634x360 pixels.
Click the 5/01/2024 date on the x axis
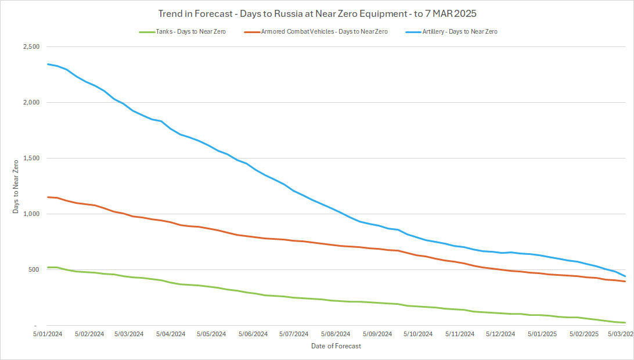pyautogui.click(x=47, y=334)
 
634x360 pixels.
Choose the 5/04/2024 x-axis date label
pyautogui.click(x=170, y=334)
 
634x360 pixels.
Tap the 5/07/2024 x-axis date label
pyautogui.click(x=294, y=334)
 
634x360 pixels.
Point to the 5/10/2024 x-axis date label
pyautogui.click(x=418, y=334)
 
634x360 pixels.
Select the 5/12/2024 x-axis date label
pyautogui.click(x=500, y=334)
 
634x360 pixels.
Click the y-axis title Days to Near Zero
pyautogui.click(x=16, y=186)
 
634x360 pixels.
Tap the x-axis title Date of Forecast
pyautogui.click(x=336, y=347)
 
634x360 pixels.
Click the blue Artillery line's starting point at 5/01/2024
pyautogui.click(x=48, y=64)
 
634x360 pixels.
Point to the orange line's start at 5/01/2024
pyautogui.click(x=48, y=197)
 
